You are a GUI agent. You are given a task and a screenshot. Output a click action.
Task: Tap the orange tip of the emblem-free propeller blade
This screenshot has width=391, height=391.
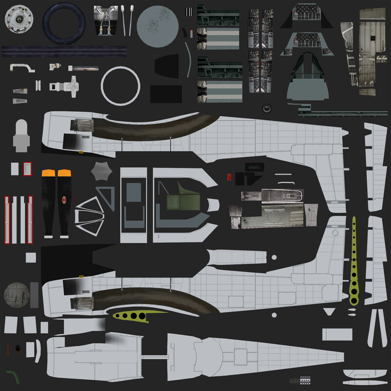point(48,173)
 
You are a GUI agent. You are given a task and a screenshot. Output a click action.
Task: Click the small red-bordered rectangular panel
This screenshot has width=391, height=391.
point(28,169)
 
